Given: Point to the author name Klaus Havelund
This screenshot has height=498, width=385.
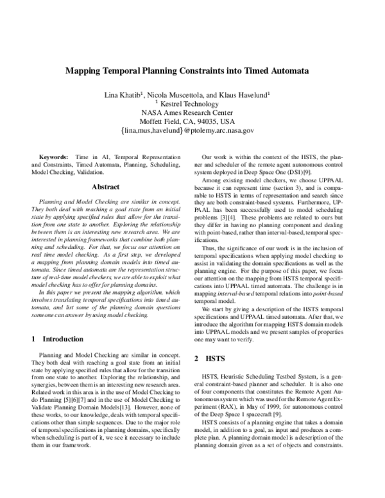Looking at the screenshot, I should click(246, 94).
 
